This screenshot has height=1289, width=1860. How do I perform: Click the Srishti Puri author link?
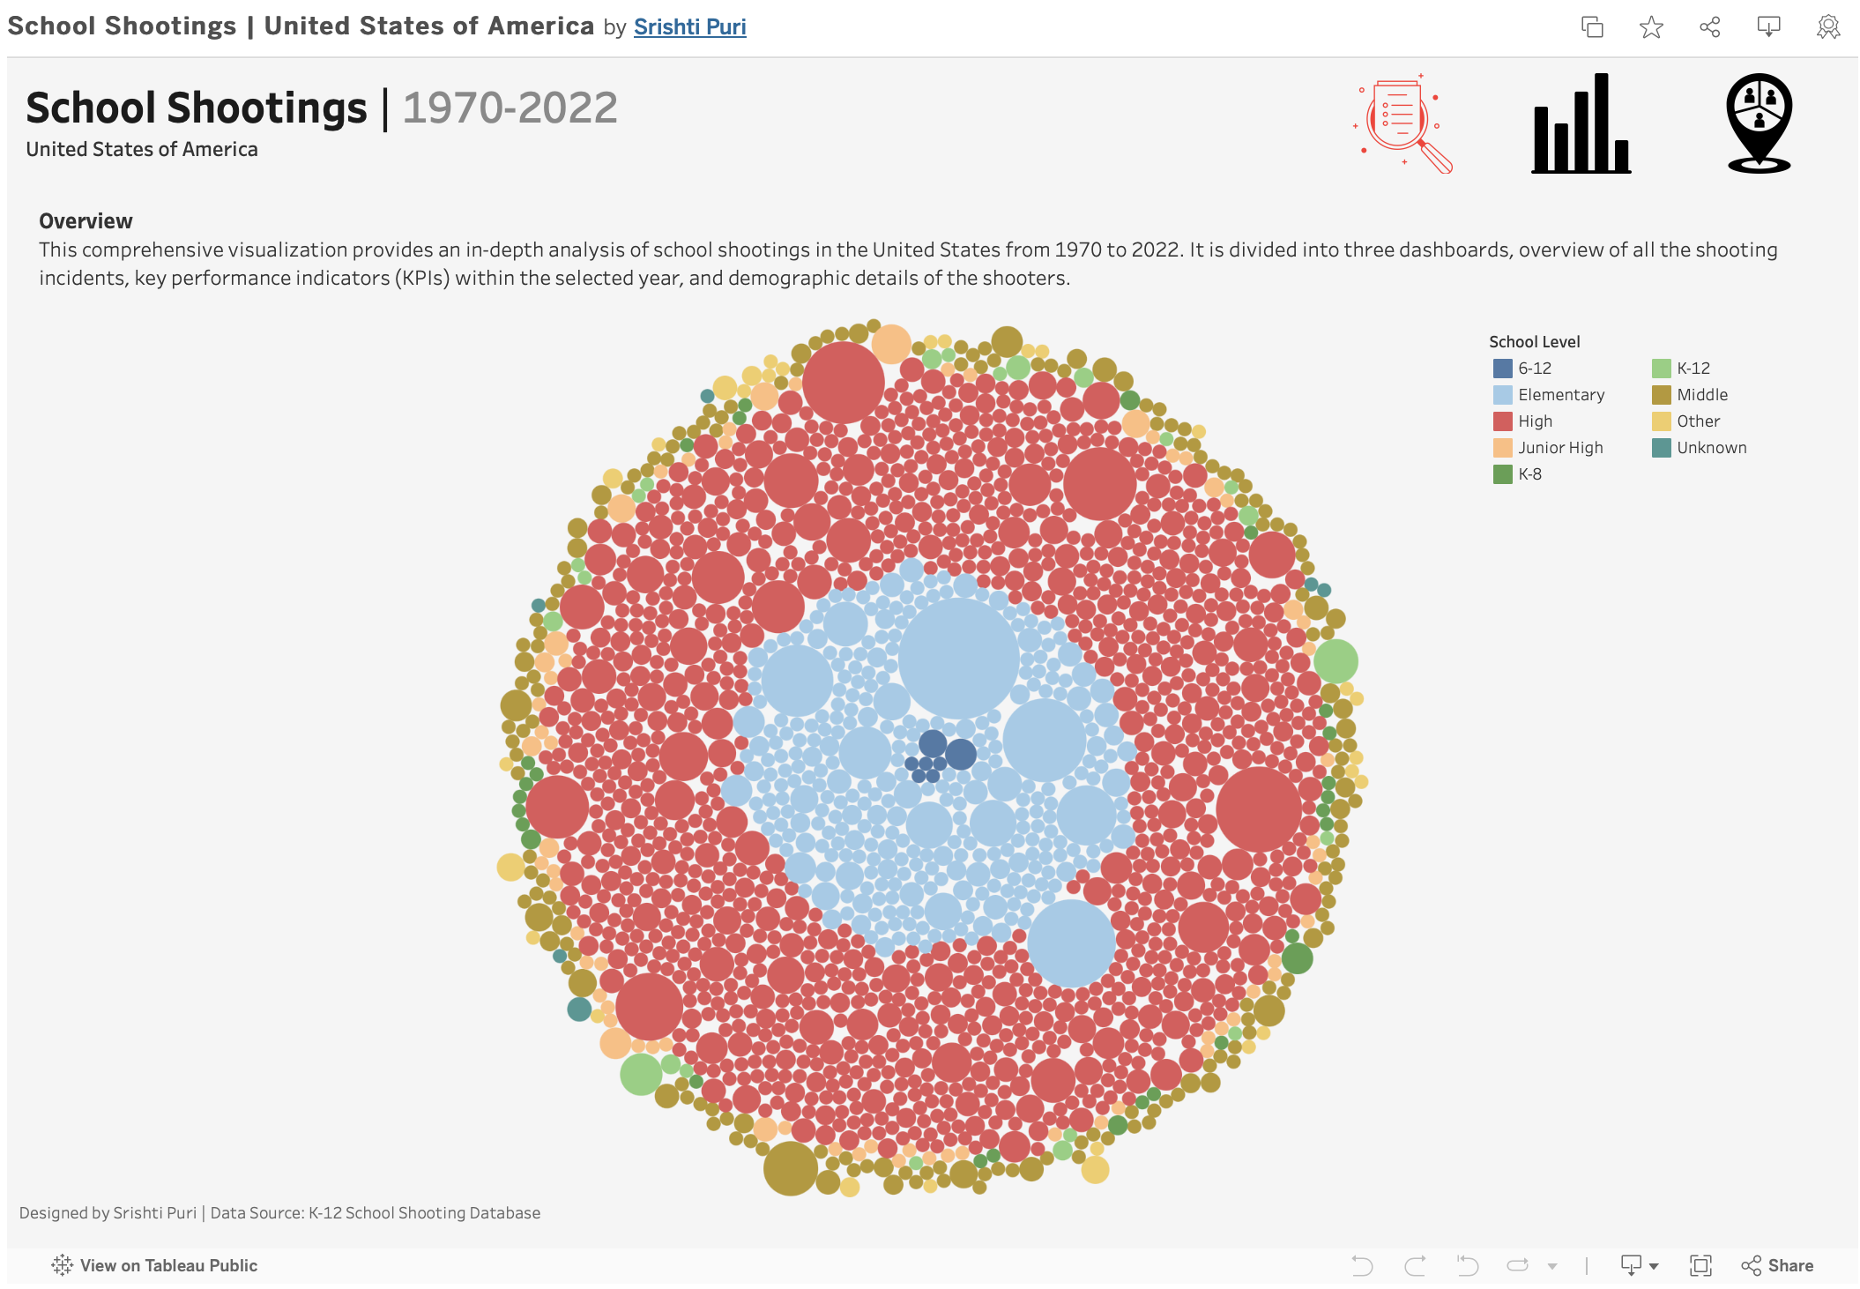tap(689, 27)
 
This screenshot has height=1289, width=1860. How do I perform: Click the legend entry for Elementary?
tap(1560, 395)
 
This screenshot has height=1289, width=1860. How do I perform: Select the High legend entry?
tap(1535, 421)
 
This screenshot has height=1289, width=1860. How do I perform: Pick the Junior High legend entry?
tap(1559, 448)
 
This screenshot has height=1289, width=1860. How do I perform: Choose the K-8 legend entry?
tap(1529, 474)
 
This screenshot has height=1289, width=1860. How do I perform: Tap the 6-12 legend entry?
tap(1534, 369)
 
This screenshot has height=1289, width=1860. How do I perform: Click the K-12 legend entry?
tap(1693, 369)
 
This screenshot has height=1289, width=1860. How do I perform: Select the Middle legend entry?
tap(1701, 395)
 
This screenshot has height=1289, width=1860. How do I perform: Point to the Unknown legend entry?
tap(1711, 448)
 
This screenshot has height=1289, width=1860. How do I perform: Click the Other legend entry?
tap(1698, 421)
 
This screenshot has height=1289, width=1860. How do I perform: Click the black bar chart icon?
tap(1581, 124)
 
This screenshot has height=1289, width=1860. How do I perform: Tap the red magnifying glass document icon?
tap(1403, 124)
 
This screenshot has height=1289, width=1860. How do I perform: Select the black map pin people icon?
tap(1759, 123)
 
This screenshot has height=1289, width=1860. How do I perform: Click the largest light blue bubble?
tap(959, 658)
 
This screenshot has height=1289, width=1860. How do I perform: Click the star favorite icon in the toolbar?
tap(1651, 27)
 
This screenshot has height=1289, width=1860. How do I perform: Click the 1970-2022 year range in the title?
tap(510, 108)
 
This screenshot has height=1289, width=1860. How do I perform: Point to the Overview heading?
tap(86, 221)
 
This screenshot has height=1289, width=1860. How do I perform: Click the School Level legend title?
tap(1534, 342)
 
